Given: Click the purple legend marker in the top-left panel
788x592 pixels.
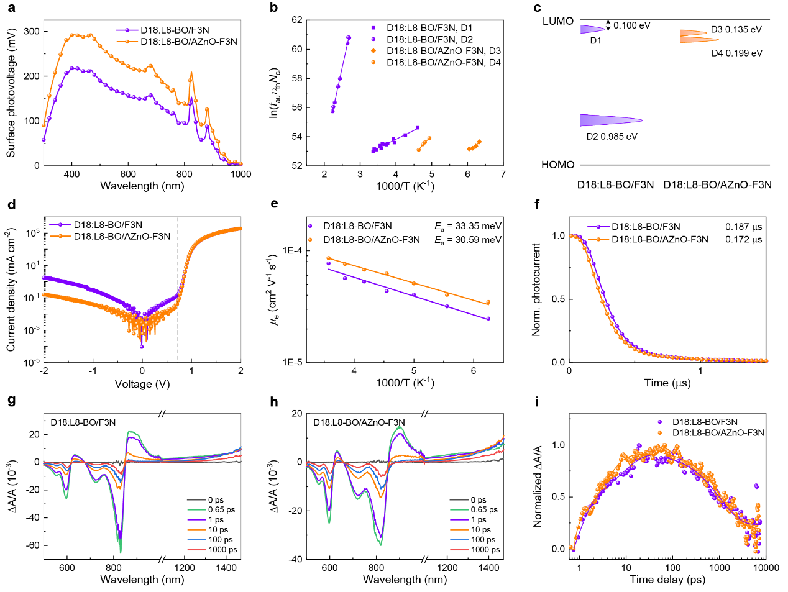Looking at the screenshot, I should (127, 30).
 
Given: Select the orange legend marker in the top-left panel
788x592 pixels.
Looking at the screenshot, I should (127, 42).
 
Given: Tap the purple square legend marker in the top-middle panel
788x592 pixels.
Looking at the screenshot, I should (373, 28).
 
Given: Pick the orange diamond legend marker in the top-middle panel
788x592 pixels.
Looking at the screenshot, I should (373, 50).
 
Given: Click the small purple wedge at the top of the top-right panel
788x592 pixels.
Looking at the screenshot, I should (590, 29).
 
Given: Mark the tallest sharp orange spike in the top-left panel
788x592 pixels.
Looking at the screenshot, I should (191, 73).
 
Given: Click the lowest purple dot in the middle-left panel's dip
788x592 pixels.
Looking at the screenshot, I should (142, 347).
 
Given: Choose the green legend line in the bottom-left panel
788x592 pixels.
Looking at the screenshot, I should (196, 509).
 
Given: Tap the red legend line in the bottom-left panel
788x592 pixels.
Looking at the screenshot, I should (196, 550).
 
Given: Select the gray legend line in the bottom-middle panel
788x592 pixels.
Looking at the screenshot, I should (459, 499).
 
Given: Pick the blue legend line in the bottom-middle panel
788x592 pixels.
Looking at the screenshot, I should (459, 540).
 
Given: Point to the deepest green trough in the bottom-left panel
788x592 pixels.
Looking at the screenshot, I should (121, 551).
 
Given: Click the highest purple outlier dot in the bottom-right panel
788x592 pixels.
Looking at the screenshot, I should (659, 422).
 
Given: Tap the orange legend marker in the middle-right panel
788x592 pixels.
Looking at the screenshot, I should (598, 239).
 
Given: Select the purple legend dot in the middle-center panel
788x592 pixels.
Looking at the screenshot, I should (309, 226).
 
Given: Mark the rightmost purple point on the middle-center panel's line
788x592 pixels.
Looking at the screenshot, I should (488, 318).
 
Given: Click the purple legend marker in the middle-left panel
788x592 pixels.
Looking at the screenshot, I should (60, 224).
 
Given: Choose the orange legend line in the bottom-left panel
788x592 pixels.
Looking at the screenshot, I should (196, 530).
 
